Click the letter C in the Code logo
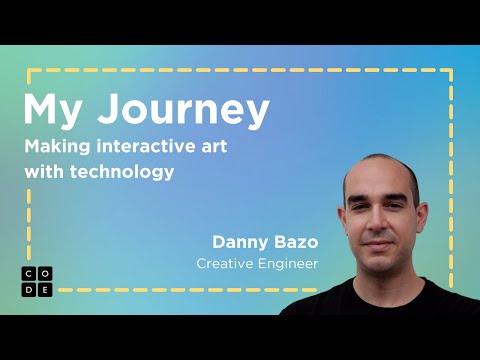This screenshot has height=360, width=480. pyautogui.click(x=29, y=273)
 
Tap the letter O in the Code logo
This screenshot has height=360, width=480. pyautogui.click(x=44, y=273)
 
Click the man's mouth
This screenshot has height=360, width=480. pyautogui.click(x=386, y=248)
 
